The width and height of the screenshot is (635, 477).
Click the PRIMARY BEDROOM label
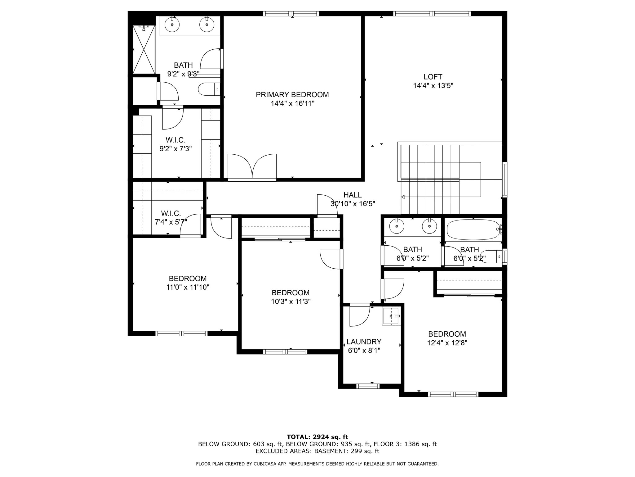coord(292,95)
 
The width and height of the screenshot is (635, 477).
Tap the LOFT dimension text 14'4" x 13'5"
coord(433,86)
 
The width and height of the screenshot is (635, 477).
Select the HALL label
coord(352,195)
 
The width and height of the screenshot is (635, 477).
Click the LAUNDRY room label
coord(364,342)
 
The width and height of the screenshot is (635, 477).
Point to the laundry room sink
coord(391,316)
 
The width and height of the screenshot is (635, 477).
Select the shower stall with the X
coord(144,49)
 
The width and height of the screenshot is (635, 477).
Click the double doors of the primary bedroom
coord(252,167)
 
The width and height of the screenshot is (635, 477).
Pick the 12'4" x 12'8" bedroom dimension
coord(447,343)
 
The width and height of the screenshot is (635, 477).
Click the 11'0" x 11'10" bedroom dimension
coord(188,287)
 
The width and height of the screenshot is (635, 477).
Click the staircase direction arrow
coord(403,197)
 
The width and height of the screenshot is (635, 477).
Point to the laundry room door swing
coord(360,316)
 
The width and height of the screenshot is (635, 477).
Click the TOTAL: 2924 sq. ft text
coord(317,437)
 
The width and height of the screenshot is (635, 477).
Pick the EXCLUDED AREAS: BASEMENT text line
coord(317,451)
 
